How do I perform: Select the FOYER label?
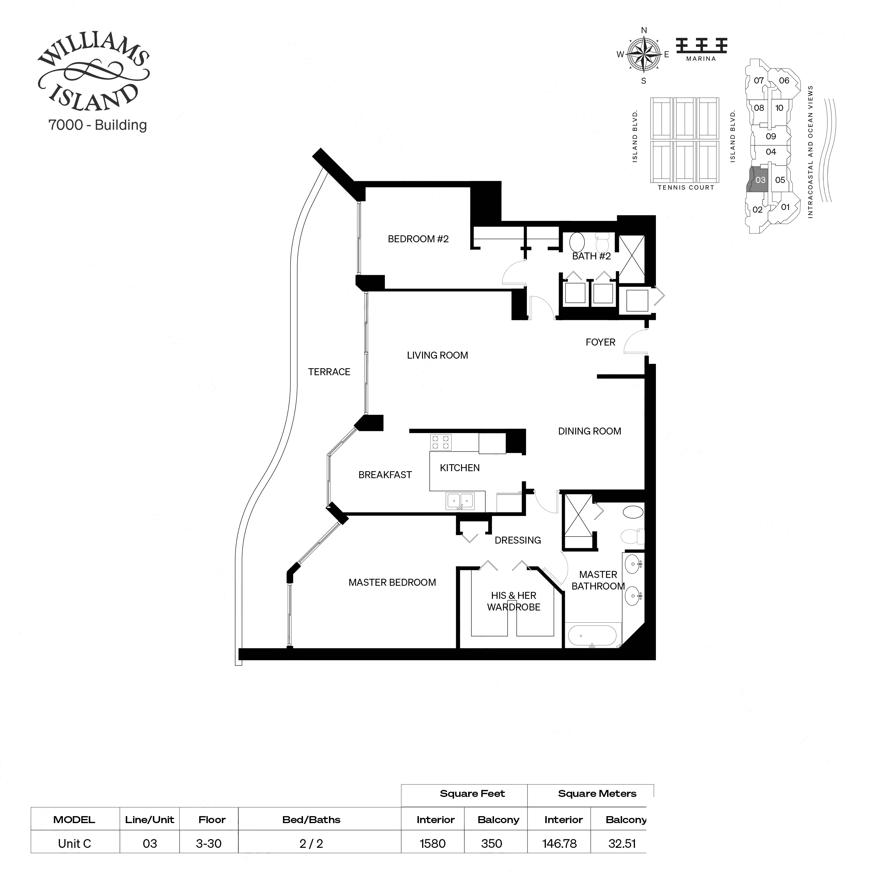(600, 342)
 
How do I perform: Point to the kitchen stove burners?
(440, 442)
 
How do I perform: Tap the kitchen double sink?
(460, 501)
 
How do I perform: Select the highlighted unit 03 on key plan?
(760, 180)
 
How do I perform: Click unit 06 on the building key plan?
(784, 81)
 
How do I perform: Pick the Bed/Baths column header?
(311, 819)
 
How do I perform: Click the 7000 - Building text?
(98, 125)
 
